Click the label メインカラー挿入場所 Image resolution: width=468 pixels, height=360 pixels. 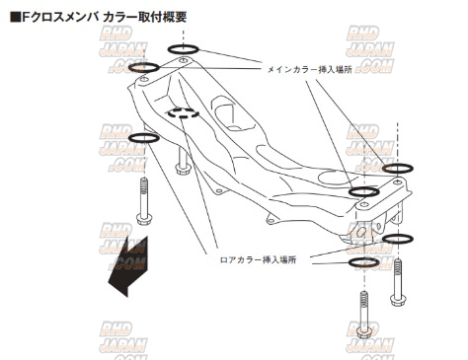pyautogui.click(x=309, y=69)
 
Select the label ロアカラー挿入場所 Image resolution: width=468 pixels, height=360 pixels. pyautogui.click(x=258, y=260)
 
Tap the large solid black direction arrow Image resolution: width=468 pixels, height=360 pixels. pyautogui.click(x=128, y=267)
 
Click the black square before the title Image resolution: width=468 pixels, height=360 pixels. pyautogui.click(x=15, y=17)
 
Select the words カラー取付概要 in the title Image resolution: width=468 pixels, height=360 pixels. pyautogui.click(x=144, y=17)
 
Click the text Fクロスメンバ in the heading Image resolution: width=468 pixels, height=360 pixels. pyautogui.click(x=60, y=17)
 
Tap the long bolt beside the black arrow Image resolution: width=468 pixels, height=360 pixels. pyautogui.click(x=143, y=201)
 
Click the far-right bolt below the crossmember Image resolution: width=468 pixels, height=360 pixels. pyautogui.click(x=398, y=282)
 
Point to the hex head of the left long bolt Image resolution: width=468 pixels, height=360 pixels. pyautogui.click(x=144, y=219)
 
